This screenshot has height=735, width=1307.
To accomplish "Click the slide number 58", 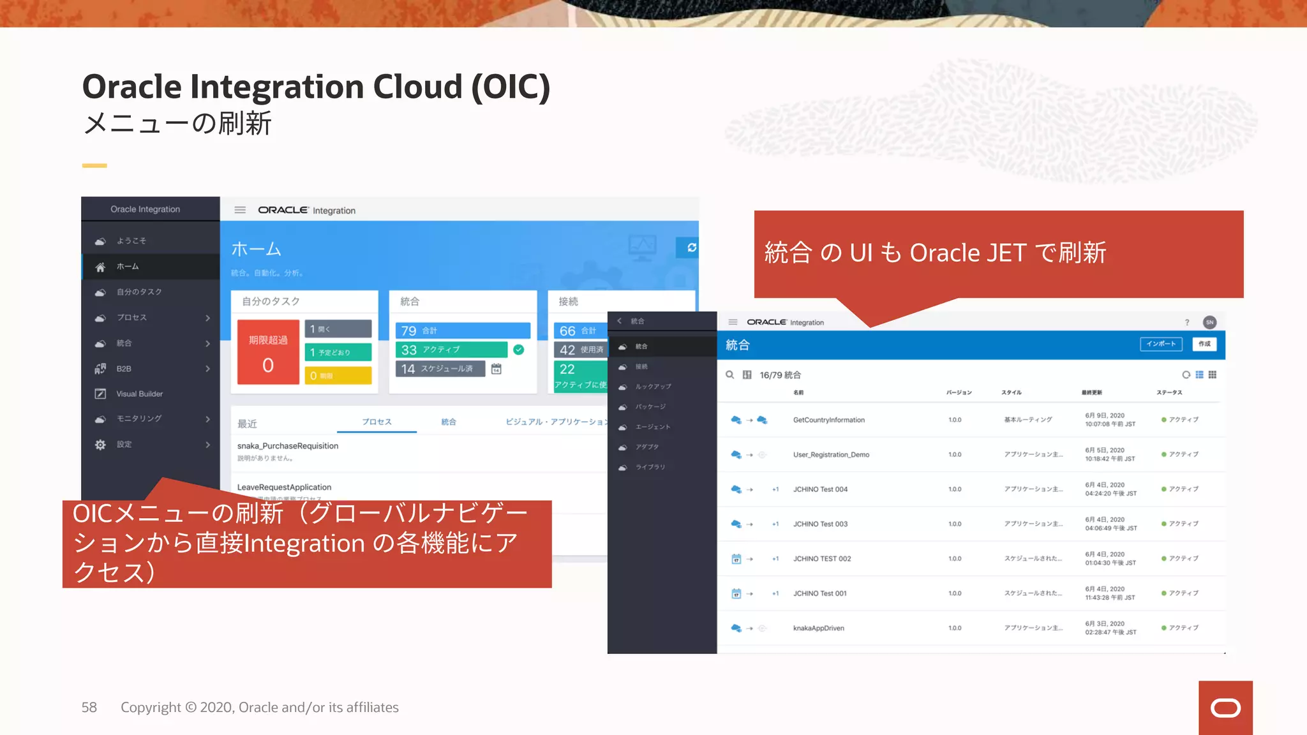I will pos(89,708).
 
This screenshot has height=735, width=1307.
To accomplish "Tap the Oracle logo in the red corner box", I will pos(1225,708).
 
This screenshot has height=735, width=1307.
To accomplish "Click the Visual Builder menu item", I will pos(139,394).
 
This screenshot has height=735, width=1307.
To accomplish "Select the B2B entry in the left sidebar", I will pos(124,369).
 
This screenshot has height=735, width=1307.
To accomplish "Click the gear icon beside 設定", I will pos(100,445).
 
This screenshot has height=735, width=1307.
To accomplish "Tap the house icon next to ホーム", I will pos(100,267).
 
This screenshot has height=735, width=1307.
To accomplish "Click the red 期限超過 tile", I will pos(268,352).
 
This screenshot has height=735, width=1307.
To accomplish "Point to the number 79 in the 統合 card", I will pos(409,330).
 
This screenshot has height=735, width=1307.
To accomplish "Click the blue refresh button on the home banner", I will pos(691,248).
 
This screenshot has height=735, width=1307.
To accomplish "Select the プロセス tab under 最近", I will pos(377,422).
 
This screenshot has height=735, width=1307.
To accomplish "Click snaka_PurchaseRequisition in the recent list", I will pos(288,446).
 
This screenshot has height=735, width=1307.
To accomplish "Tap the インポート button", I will pos(1161,345).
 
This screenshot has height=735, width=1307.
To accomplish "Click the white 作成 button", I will pos(1204,345).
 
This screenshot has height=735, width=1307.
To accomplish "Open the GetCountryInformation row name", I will pos(828,420).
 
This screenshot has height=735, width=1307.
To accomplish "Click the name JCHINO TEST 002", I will pos(822,559).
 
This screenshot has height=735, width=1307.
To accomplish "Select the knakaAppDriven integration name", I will pos(818,628).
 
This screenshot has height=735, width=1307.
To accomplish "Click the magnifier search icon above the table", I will pos(729,375).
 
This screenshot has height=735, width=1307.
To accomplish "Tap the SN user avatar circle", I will pos(1209,322).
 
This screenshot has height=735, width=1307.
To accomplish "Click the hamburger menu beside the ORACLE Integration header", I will pos(240,210).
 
